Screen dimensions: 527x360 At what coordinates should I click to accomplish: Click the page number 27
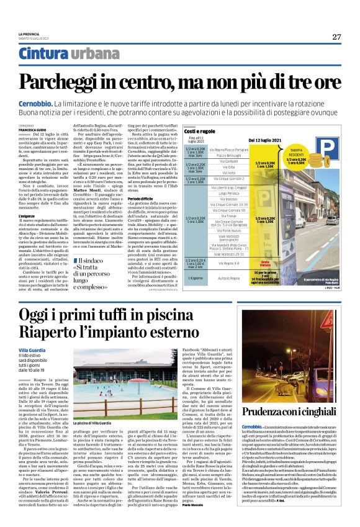point(336,37)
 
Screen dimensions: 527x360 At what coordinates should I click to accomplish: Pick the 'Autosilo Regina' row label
point(228,281)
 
